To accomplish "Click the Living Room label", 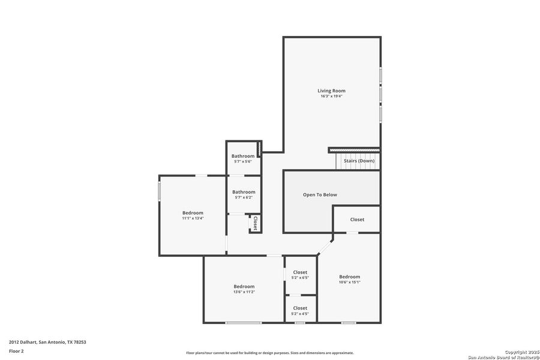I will click(x=331, y=91).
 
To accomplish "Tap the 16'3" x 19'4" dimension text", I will click(x=331, y=96).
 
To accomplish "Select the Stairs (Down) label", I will click(x=359, y=161).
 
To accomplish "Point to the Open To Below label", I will click(x=320, y=194).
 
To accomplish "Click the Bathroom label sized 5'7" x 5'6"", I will click(x=243, y=156).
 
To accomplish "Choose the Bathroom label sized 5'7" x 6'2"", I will click(x=244, y=192).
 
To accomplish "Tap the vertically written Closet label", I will click(x=255, y=223).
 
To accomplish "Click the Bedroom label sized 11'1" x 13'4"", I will click(x=193, y=212).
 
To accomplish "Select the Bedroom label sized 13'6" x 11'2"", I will click(x=244, y=286).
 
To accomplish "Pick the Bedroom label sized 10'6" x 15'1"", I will click(x=349, y=277).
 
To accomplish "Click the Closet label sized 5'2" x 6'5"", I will click(x=300, y=272).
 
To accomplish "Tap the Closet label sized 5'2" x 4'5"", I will click(x=300, y=308).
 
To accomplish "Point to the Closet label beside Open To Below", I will click(x=357, y=220).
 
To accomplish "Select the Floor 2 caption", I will click(x=16, y=350).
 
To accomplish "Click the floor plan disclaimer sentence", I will click(x=270, y=353).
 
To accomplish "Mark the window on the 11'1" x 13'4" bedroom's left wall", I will click(x=159, y=192).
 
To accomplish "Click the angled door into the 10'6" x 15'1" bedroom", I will click(x=325, y=246).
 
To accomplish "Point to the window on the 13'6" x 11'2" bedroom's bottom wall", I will click(x=243, y=323).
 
